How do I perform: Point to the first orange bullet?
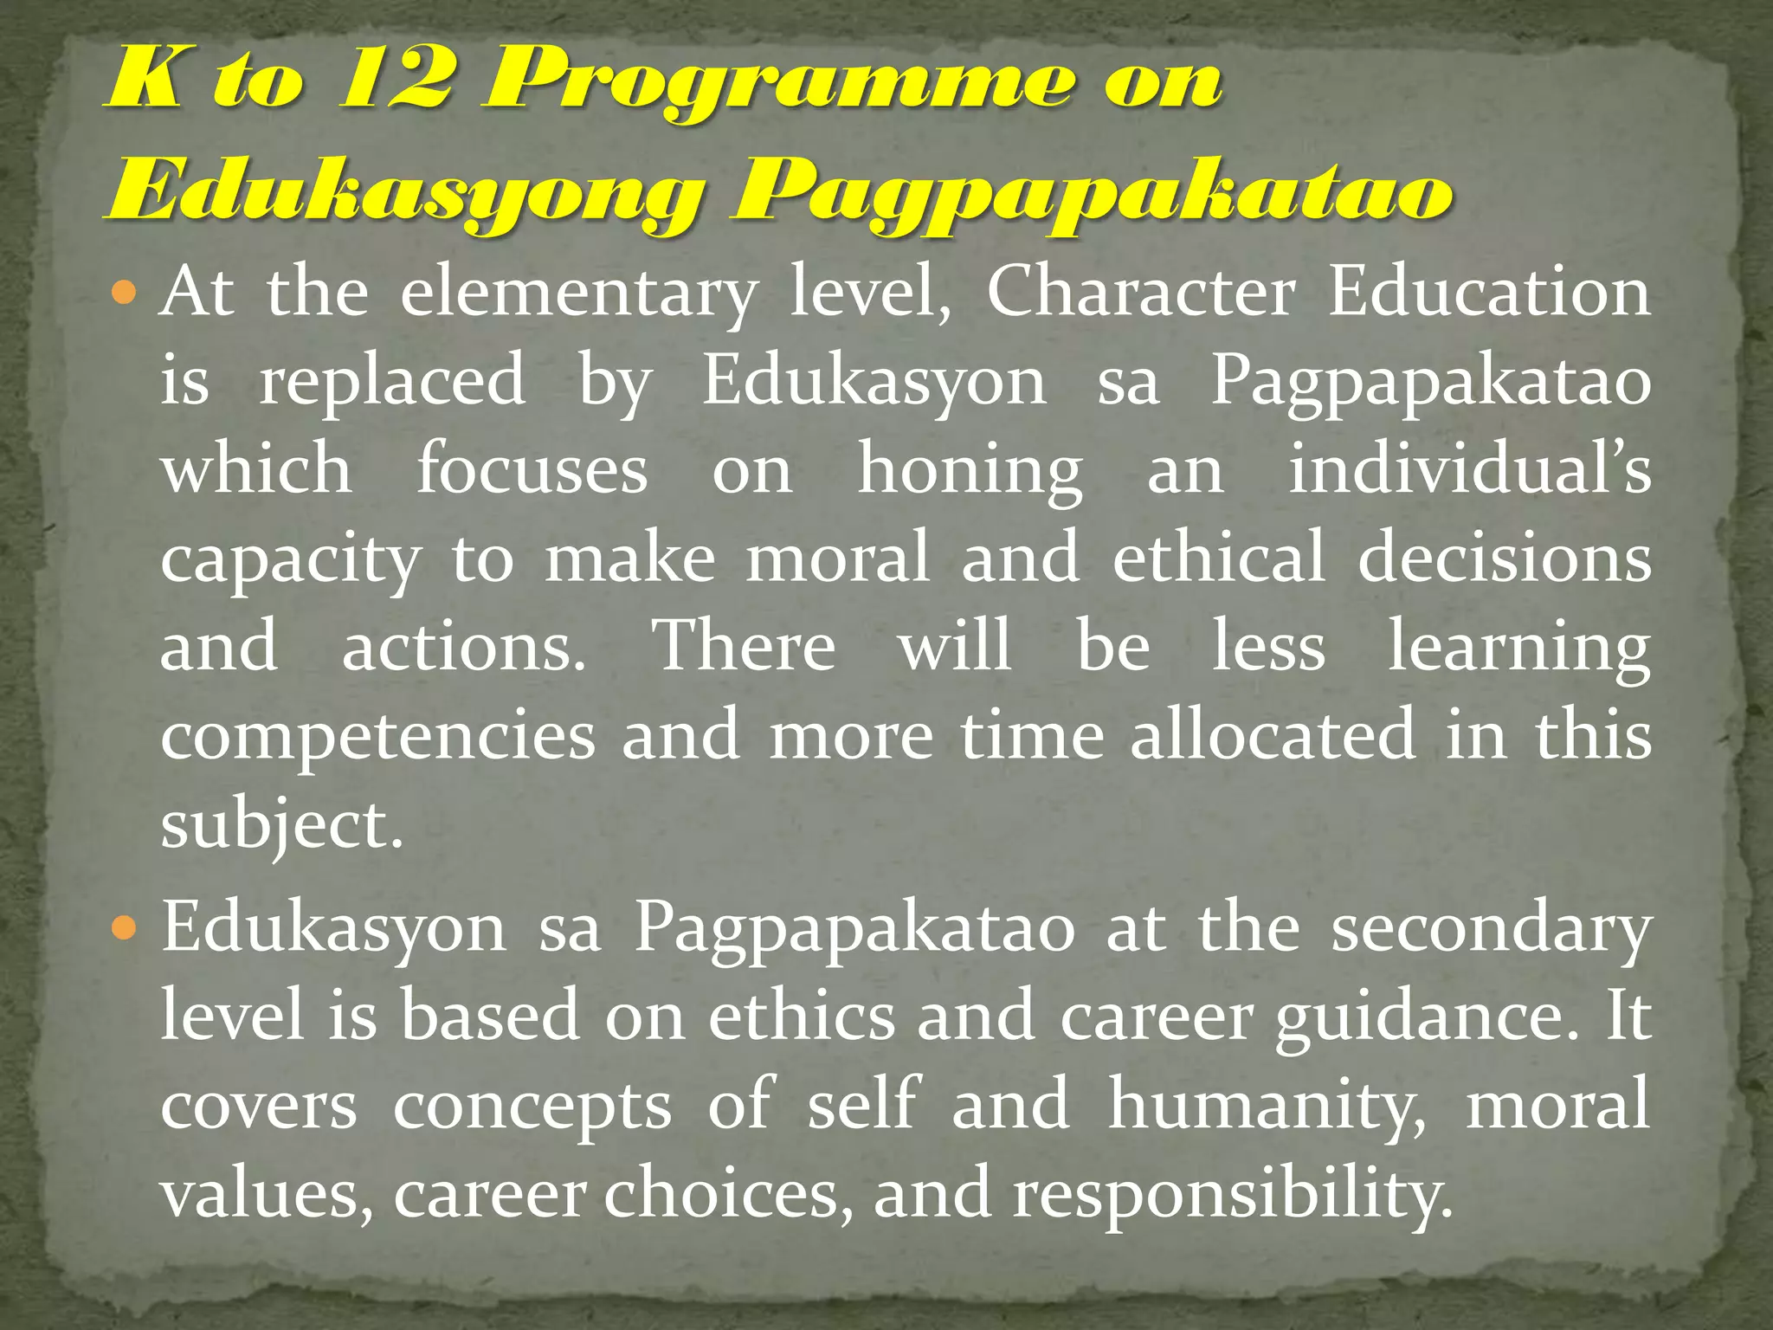pyautogui.click(x=125, y=294)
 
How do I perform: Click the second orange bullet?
pyautogui.click(x=125, y=929)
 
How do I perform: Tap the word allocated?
pyautogui.click(x=1273, y=735)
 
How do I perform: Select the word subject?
pyautogui.click(x=280, y=825)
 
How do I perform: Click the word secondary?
pyautogui.click(x=1490, y=929)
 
